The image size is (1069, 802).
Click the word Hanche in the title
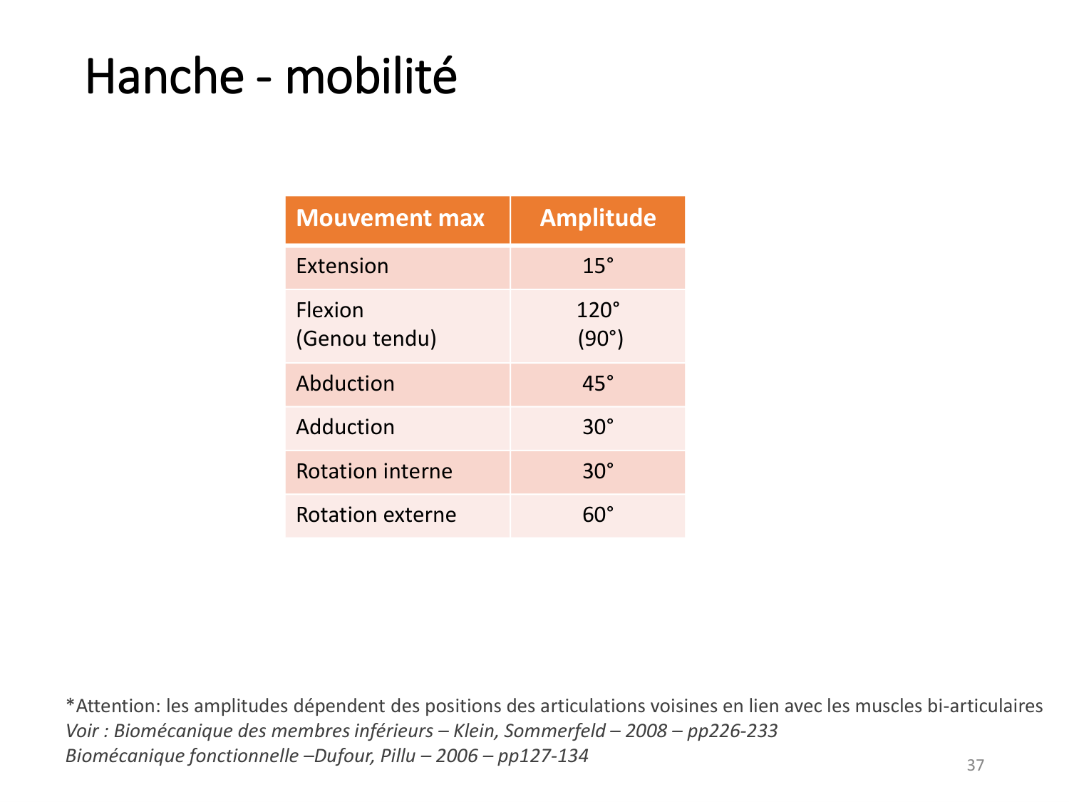[x=164, y=76]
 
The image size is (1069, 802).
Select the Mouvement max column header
[x=389, y=217]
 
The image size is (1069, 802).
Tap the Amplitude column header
[x=597, y=218]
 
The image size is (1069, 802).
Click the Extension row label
[x=341, y=265]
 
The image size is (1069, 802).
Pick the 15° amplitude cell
[x=597, y=265]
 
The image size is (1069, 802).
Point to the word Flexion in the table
[x=329, y=309]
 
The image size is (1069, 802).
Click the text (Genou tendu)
[x=366, y=338]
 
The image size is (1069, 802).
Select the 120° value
[x=597, y=309]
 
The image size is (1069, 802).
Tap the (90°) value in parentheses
[x=599, y=338]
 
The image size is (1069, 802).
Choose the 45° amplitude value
[x=597, y=383]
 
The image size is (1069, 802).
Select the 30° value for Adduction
[x=597, y=426]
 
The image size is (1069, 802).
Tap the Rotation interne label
[x=373, y=471]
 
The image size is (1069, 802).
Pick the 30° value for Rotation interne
[x=597, y=471]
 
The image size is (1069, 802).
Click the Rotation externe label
[x=376, y=514]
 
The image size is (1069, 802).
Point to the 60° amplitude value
[x=597, y=514]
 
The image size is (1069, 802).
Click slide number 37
[x=974, y=764]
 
